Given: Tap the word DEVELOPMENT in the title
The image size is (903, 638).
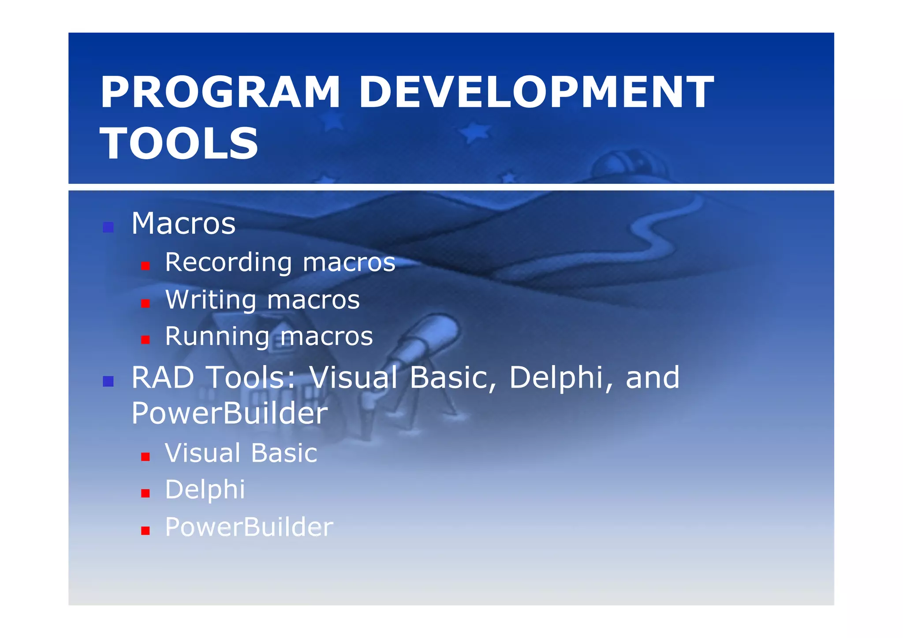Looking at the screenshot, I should (535, 92).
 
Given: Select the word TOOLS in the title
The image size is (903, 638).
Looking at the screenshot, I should (179, 143).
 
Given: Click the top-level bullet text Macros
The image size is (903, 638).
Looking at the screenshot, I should (183, 224).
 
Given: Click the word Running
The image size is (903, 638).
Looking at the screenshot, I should (216, 337).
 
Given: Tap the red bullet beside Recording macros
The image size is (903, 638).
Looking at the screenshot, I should (146, 266).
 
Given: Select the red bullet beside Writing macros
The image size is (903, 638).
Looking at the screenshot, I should (146, 303).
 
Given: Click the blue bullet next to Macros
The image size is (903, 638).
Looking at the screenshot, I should (108, 228).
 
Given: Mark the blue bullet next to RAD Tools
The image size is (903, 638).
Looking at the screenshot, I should (108, 381).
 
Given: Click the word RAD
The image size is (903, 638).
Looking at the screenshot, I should (163, 378).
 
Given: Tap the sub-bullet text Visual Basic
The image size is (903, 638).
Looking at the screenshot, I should (241, 453).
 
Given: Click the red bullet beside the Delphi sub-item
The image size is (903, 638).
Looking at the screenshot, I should (146, 493).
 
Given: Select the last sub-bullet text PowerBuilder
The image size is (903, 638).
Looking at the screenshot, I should (249, 527).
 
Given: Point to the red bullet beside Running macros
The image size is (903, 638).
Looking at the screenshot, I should (146, 340).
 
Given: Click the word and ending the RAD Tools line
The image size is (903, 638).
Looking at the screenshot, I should (653, 378).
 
